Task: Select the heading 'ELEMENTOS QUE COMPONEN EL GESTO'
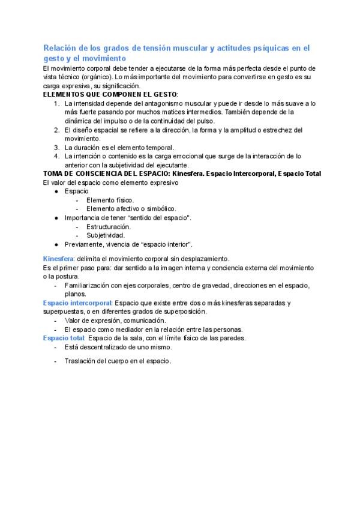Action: point(110,95)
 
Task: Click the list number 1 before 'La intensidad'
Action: point(56,103)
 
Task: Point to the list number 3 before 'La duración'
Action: point(56,147)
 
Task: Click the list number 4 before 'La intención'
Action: point(56,156)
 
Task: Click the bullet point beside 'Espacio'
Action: point(55,191)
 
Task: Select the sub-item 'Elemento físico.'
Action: point(110,200)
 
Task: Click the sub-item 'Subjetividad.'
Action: point(106,235)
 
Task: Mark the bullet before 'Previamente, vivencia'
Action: point(55,244)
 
